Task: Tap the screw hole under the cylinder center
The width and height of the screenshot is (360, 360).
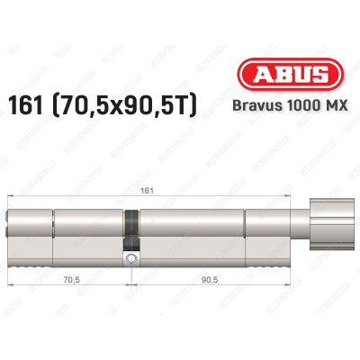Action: click(x=132, y=259)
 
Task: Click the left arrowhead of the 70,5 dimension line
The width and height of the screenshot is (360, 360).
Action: click(x=11, y=285)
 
